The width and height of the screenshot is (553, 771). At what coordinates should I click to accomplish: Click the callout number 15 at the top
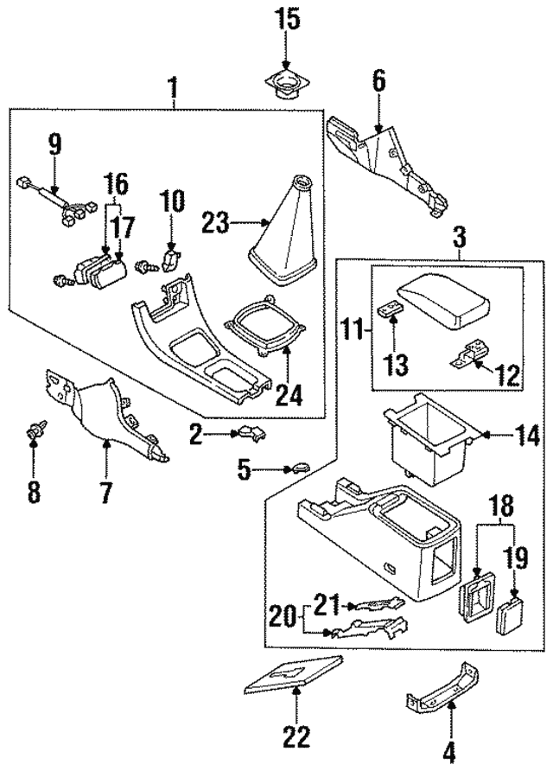(289, 19)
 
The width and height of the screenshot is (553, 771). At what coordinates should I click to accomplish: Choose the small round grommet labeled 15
(289, 84)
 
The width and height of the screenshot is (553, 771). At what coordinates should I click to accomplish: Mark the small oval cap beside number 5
(296, 468)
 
